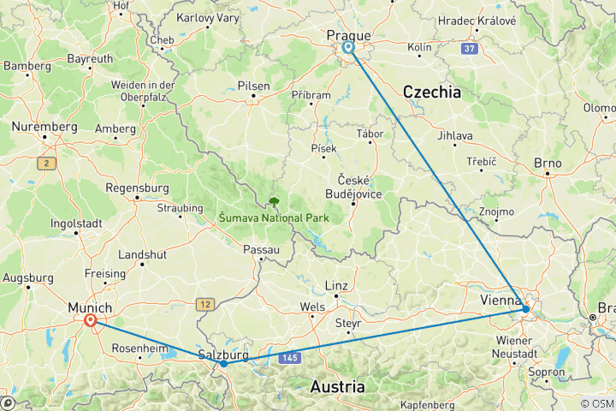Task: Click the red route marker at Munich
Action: [90, 321]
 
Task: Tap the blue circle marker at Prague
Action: [349, 48]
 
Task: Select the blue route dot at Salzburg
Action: [223, 363]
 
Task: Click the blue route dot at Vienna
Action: [526, 309]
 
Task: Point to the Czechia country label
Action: [432, 92]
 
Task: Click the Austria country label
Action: [338, 386]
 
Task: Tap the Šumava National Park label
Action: [274, 218]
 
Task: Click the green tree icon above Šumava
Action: [275, 202]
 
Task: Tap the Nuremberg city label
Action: [44, 126]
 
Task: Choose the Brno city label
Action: [547, 162]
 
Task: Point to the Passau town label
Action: [262, 249]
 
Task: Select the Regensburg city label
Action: [135, 188]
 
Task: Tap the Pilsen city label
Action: [254, 86]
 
